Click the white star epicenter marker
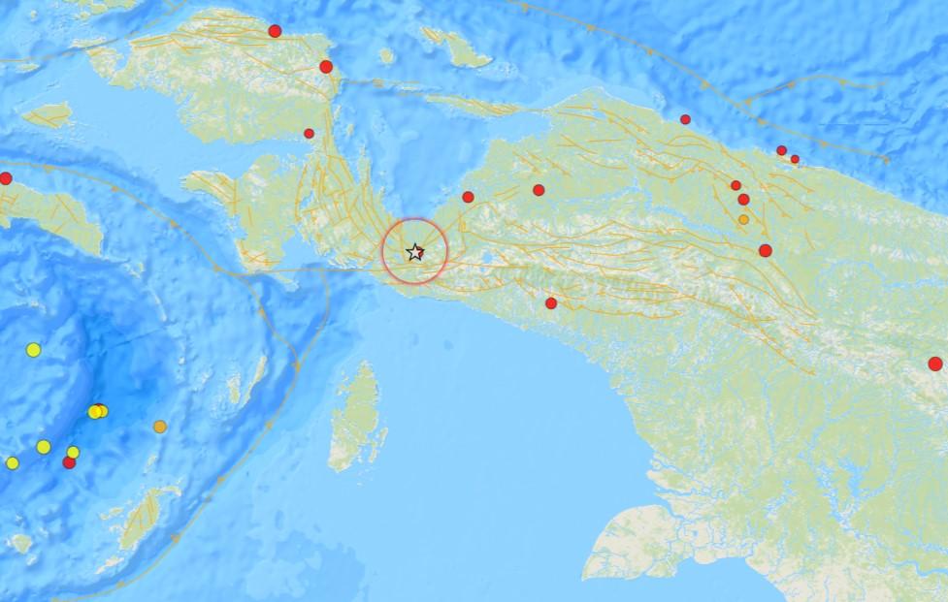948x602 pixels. click(415, 252)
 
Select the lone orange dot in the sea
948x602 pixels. click(160, 427)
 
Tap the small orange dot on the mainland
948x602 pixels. click(743, 219)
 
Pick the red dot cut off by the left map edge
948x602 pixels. click(5, 178)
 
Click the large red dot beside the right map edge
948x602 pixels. click(934, 364)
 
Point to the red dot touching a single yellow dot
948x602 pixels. click(69, 462)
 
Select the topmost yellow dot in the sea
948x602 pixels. click(34, 349)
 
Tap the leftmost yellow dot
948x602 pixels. click(12, 462)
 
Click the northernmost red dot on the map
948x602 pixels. click(275, 31)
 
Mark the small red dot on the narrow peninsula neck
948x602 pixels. click(309, 134)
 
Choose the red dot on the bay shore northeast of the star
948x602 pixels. click(468, 197)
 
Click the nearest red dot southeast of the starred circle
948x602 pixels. click(551, 303)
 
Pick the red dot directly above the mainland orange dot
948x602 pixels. click(743, 199)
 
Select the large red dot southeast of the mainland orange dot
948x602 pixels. click(765, 250)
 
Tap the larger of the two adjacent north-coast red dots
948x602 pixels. click(781, 150)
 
